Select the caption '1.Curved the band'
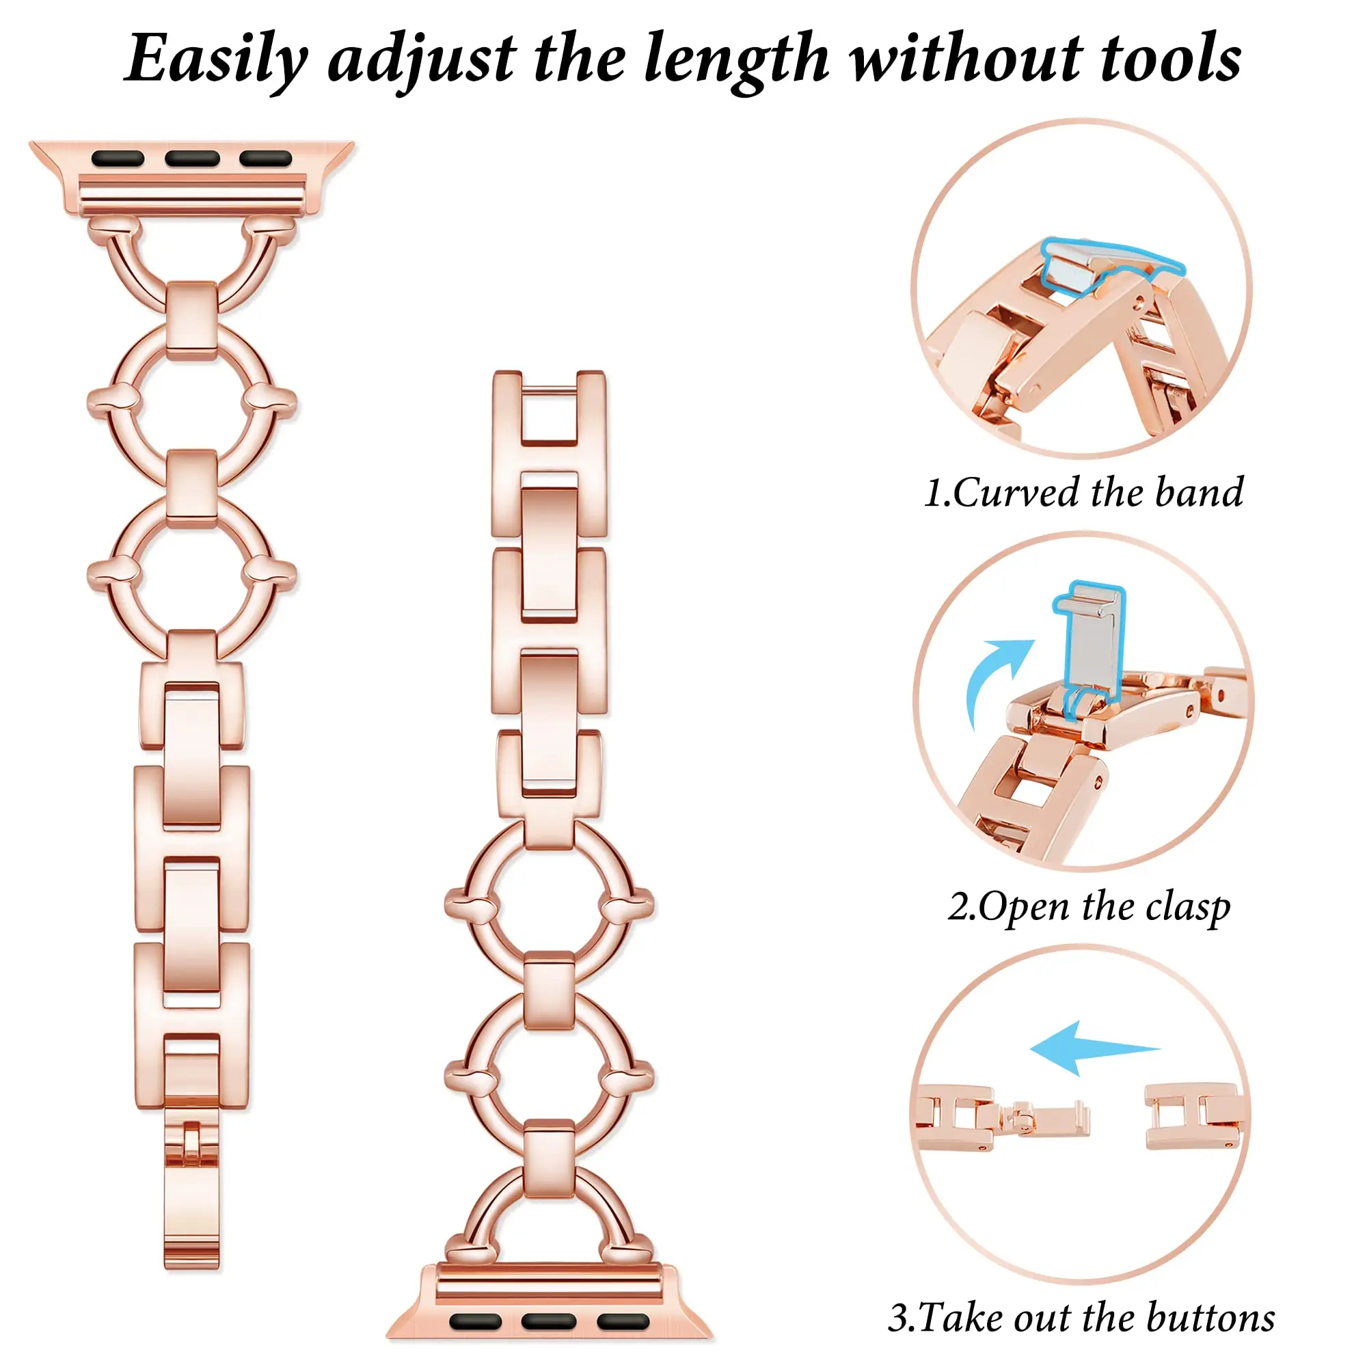coord(1083,492)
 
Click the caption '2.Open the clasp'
coord(1089,906)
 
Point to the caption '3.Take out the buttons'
coord(1081,1318)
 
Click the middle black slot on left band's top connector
coord(192,159)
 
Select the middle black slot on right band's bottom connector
coord(548,1321)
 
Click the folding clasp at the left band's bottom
coord(192,1189)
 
